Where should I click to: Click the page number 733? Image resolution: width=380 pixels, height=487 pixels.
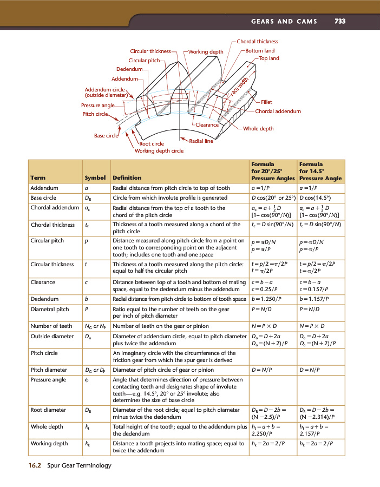tap(340, 22)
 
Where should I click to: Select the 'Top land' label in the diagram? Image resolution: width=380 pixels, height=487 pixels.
tap(269, 58)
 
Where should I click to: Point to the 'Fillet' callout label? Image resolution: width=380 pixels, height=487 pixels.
tap(266, 102)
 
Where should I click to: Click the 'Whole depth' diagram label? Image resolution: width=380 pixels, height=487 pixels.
tap(258, 129)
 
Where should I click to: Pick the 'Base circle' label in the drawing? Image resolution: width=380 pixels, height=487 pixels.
tap(106, 136)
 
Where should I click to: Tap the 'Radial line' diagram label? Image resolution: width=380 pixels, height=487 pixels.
tap(201, 141)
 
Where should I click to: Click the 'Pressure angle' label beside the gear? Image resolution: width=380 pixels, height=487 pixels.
tap(97, 105)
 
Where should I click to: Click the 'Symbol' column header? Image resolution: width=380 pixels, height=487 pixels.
tap(95, 177)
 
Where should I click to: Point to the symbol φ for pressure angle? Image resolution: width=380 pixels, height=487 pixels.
tap(87, 380)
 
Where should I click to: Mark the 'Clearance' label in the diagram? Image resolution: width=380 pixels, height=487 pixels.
tap(207, 125)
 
